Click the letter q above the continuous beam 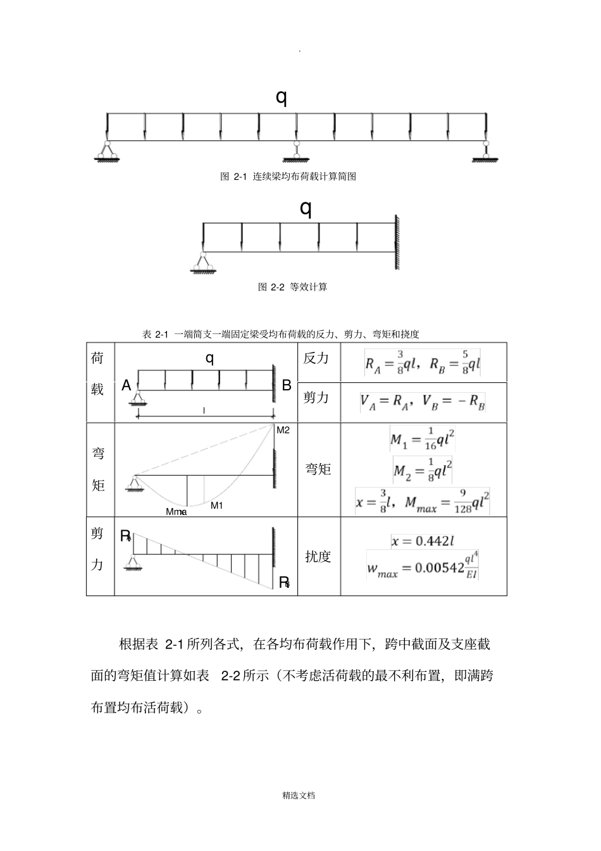[282, 97]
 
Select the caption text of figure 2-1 [288, 177]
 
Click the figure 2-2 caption [293, 287]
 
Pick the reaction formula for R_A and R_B [423, 363]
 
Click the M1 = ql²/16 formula [423, 440]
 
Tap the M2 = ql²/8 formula [423, 469]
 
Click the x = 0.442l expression [423, 541]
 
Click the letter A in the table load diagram [127, 385]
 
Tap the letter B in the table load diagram [287, 385]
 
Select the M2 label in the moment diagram [283, 430]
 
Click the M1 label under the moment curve [217, 506]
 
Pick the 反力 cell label [316, 358]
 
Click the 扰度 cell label [318, 557]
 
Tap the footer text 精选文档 [299, 795]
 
